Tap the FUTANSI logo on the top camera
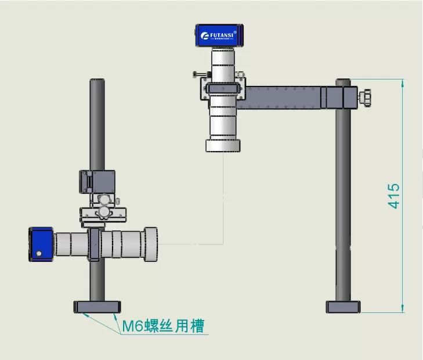point(218,37)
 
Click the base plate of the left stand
point(97,307)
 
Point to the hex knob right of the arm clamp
point(367,96)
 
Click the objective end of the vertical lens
point(223,145)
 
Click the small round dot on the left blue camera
point(38,253)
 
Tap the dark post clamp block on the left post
point(97,181)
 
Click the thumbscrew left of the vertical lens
point(197,74)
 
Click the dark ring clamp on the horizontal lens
point(93,244)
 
